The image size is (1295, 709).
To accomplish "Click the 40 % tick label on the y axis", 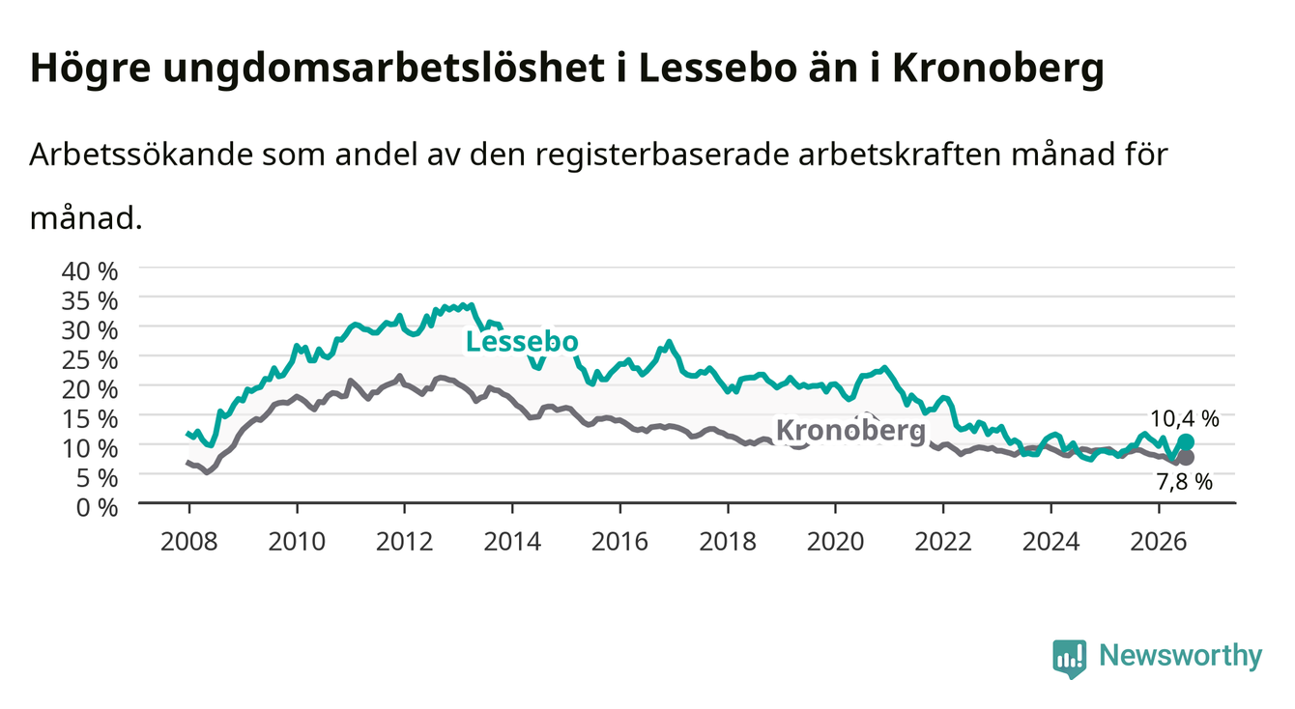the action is click(x=90, y=271).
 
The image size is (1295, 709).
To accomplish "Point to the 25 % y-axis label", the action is click(x=90, y=360).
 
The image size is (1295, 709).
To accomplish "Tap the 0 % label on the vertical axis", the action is click(x=97, y=507).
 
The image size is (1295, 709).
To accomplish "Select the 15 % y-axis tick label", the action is click(x=90, y=419).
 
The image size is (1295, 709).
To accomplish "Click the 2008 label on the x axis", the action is click(x=189, y=542).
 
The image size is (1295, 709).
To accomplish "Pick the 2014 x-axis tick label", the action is click(x=512, y=542).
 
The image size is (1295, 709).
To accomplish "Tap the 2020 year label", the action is click(x=835, y=542).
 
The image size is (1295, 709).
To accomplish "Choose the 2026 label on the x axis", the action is click(x=1159, y=542).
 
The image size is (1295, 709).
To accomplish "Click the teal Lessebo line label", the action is click(x=522, y=342).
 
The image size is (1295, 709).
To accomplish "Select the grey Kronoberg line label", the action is click(x=850, y=431).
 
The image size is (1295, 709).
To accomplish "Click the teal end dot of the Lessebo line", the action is click(x=1186, y=442).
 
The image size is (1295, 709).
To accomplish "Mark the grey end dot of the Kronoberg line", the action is click(x=1186, y=458).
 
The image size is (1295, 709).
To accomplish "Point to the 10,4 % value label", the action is click(x=1185, y=418).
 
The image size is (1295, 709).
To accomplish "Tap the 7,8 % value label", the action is click(x=1185, y=481).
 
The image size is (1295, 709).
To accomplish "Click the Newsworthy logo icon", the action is click(x=1070, y=658).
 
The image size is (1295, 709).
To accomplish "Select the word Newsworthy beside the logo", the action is click(x=1181, y=656).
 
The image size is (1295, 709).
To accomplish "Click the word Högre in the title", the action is click(x=90, y=70).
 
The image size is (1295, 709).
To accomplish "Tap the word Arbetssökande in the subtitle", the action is click(x=141, y=155).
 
